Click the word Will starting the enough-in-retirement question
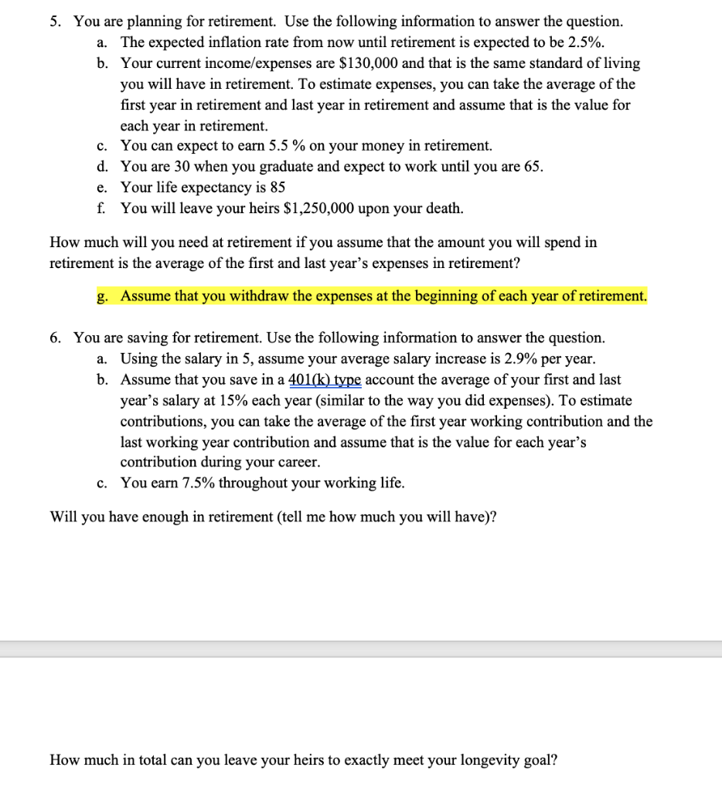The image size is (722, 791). (x=63, y=517)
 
